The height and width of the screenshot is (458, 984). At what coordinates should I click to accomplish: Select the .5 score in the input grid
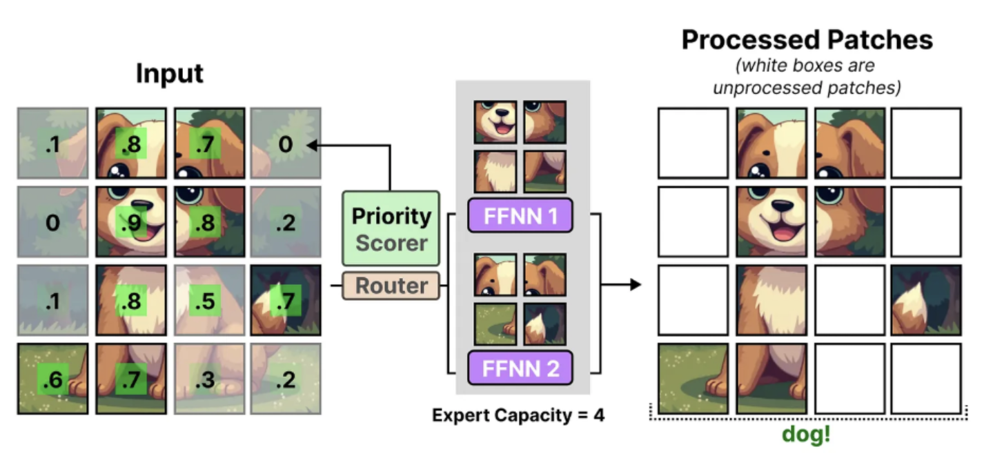click(205, 301)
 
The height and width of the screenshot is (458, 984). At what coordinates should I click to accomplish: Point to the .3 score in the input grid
click(205, 379)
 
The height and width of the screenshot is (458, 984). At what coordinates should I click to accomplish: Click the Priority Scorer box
click(391, 228)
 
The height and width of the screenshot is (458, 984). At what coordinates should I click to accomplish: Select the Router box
click(391, 286)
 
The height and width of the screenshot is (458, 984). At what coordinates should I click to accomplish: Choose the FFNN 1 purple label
click(520, 215)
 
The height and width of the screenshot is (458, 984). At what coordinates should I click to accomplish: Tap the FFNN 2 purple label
click(520, 368)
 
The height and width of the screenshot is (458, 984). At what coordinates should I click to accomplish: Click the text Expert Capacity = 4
click(518, 416)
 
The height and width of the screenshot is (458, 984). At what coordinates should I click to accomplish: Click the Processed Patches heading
click(807, 40)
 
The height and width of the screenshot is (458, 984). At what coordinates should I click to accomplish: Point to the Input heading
click(170, 73)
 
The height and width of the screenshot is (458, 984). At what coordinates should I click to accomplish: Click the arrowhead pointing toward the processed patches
click(636, 284)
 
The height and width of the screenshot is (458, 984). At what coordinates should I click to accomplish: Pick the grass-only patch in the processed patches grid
click(692, 379)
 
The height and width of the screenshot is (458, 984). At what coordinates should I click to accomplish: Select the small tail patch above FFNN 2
click(544, 324)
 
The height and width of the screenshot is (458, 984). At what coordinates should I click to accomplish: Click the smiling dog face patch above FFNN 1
click(495, 122)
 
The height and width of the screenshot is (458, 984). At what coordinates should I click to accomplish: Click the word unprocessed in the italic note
click(762, 88)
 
